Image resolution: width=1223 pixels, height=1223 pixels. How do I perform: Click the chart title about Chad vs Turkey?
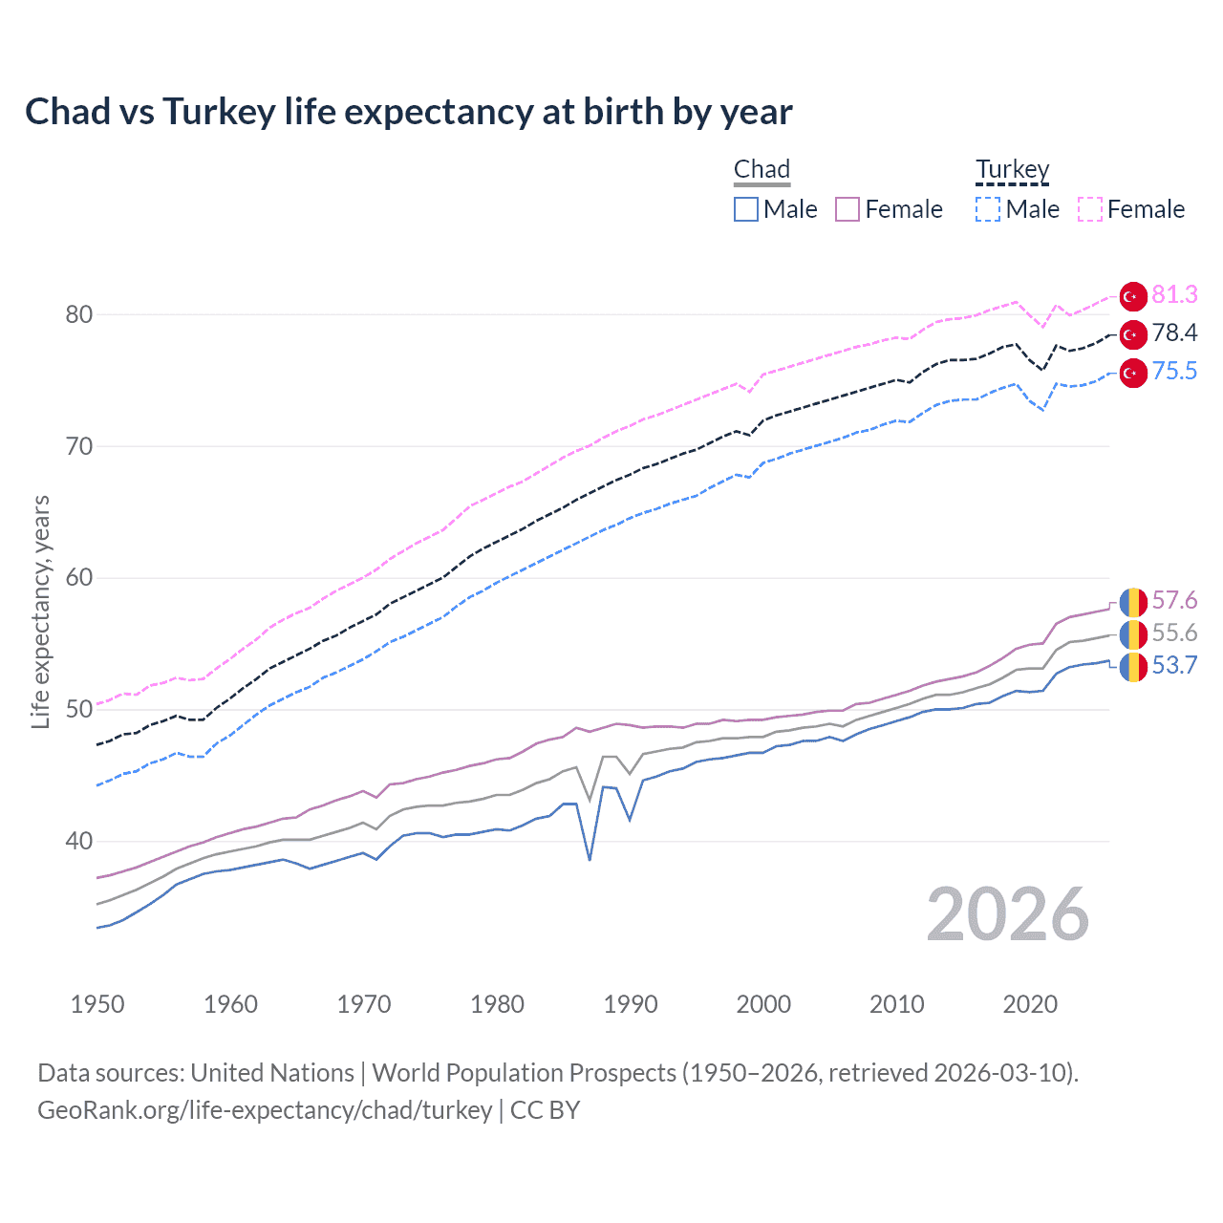[408, 112]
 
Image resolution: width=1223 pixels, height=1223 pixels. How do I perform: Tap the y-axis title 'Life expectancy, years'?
[40, 611]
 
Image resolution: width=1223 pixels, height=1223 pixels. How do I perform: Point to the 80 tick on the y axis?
[79, 314]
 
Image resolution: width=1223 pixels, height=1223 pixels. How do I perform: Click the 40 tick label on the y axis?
[79, 841]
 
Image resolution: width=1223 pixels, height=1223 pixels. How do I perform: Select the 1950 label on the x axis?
[97, 1004]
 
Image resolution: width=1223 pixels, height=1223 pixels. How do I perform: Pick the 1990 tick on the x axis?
[631, 1004]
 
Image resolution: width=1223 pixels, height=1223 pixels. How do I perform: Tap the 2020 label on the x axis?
[1030, 1004]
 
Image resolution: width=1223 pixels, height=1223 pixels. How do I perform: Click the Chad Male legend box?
[746, 209]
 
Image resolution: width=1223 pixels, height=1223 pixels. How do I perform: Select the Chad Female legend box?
[848, 209]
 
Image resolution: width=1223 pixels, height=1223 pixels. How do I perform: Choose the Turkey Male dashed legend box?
[988, 209]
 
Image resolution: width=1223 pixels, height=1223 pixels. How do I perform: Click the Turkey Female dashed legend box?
[1090, 209]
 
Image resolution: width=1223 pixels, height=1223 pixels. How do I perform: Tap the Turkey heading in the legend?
[1012, 169]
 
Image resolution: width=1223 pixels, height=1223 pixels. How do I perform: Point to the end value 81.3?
[1174, 295]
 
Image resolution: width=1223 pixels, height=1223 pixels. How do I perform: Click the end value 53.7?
[1174, 666]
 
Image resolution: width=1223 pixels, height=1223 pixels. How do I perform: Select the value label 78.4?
[1174, 333]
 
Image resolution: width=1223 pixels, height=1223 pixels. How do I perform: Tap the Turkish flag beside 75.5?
[1133, 373]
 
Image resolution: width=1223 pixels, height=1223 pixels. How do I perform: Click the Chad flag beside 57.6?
[1133, 602]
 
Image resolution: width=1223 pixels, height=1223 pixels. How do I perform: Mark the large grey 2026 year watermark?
[1008, 915]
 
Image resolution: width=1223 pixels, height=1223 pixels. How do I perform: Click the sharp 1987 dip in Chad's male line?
[590, 859]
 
